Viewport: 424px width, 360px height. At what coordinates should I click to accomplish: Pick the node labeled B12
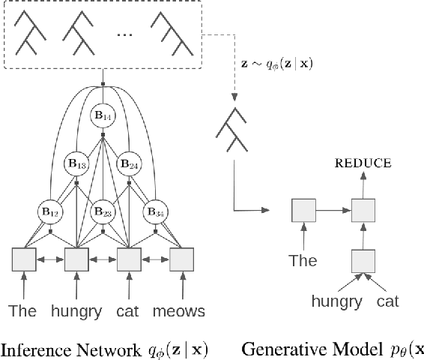click(49, 212)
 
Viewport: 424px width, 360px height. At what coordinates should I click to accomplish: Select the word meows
click(179, 310)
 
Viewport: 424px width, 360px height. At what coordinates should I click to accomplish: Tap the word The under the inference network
click(22, 310)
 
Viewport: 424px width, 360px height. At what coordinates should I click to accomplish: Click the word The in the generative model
click(303, 262)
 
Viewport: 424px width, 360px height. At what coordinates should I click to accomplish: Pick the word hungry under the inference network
click(75, 310)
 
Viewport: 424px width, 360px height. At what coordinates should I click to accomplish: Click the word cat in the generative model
click(387, 301)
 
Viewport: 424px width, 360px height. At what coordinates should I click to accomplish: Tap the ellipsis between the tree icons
click(128, 35)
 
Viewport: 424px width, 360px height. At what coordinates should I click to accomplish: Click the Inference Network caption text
click(105, 349)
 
